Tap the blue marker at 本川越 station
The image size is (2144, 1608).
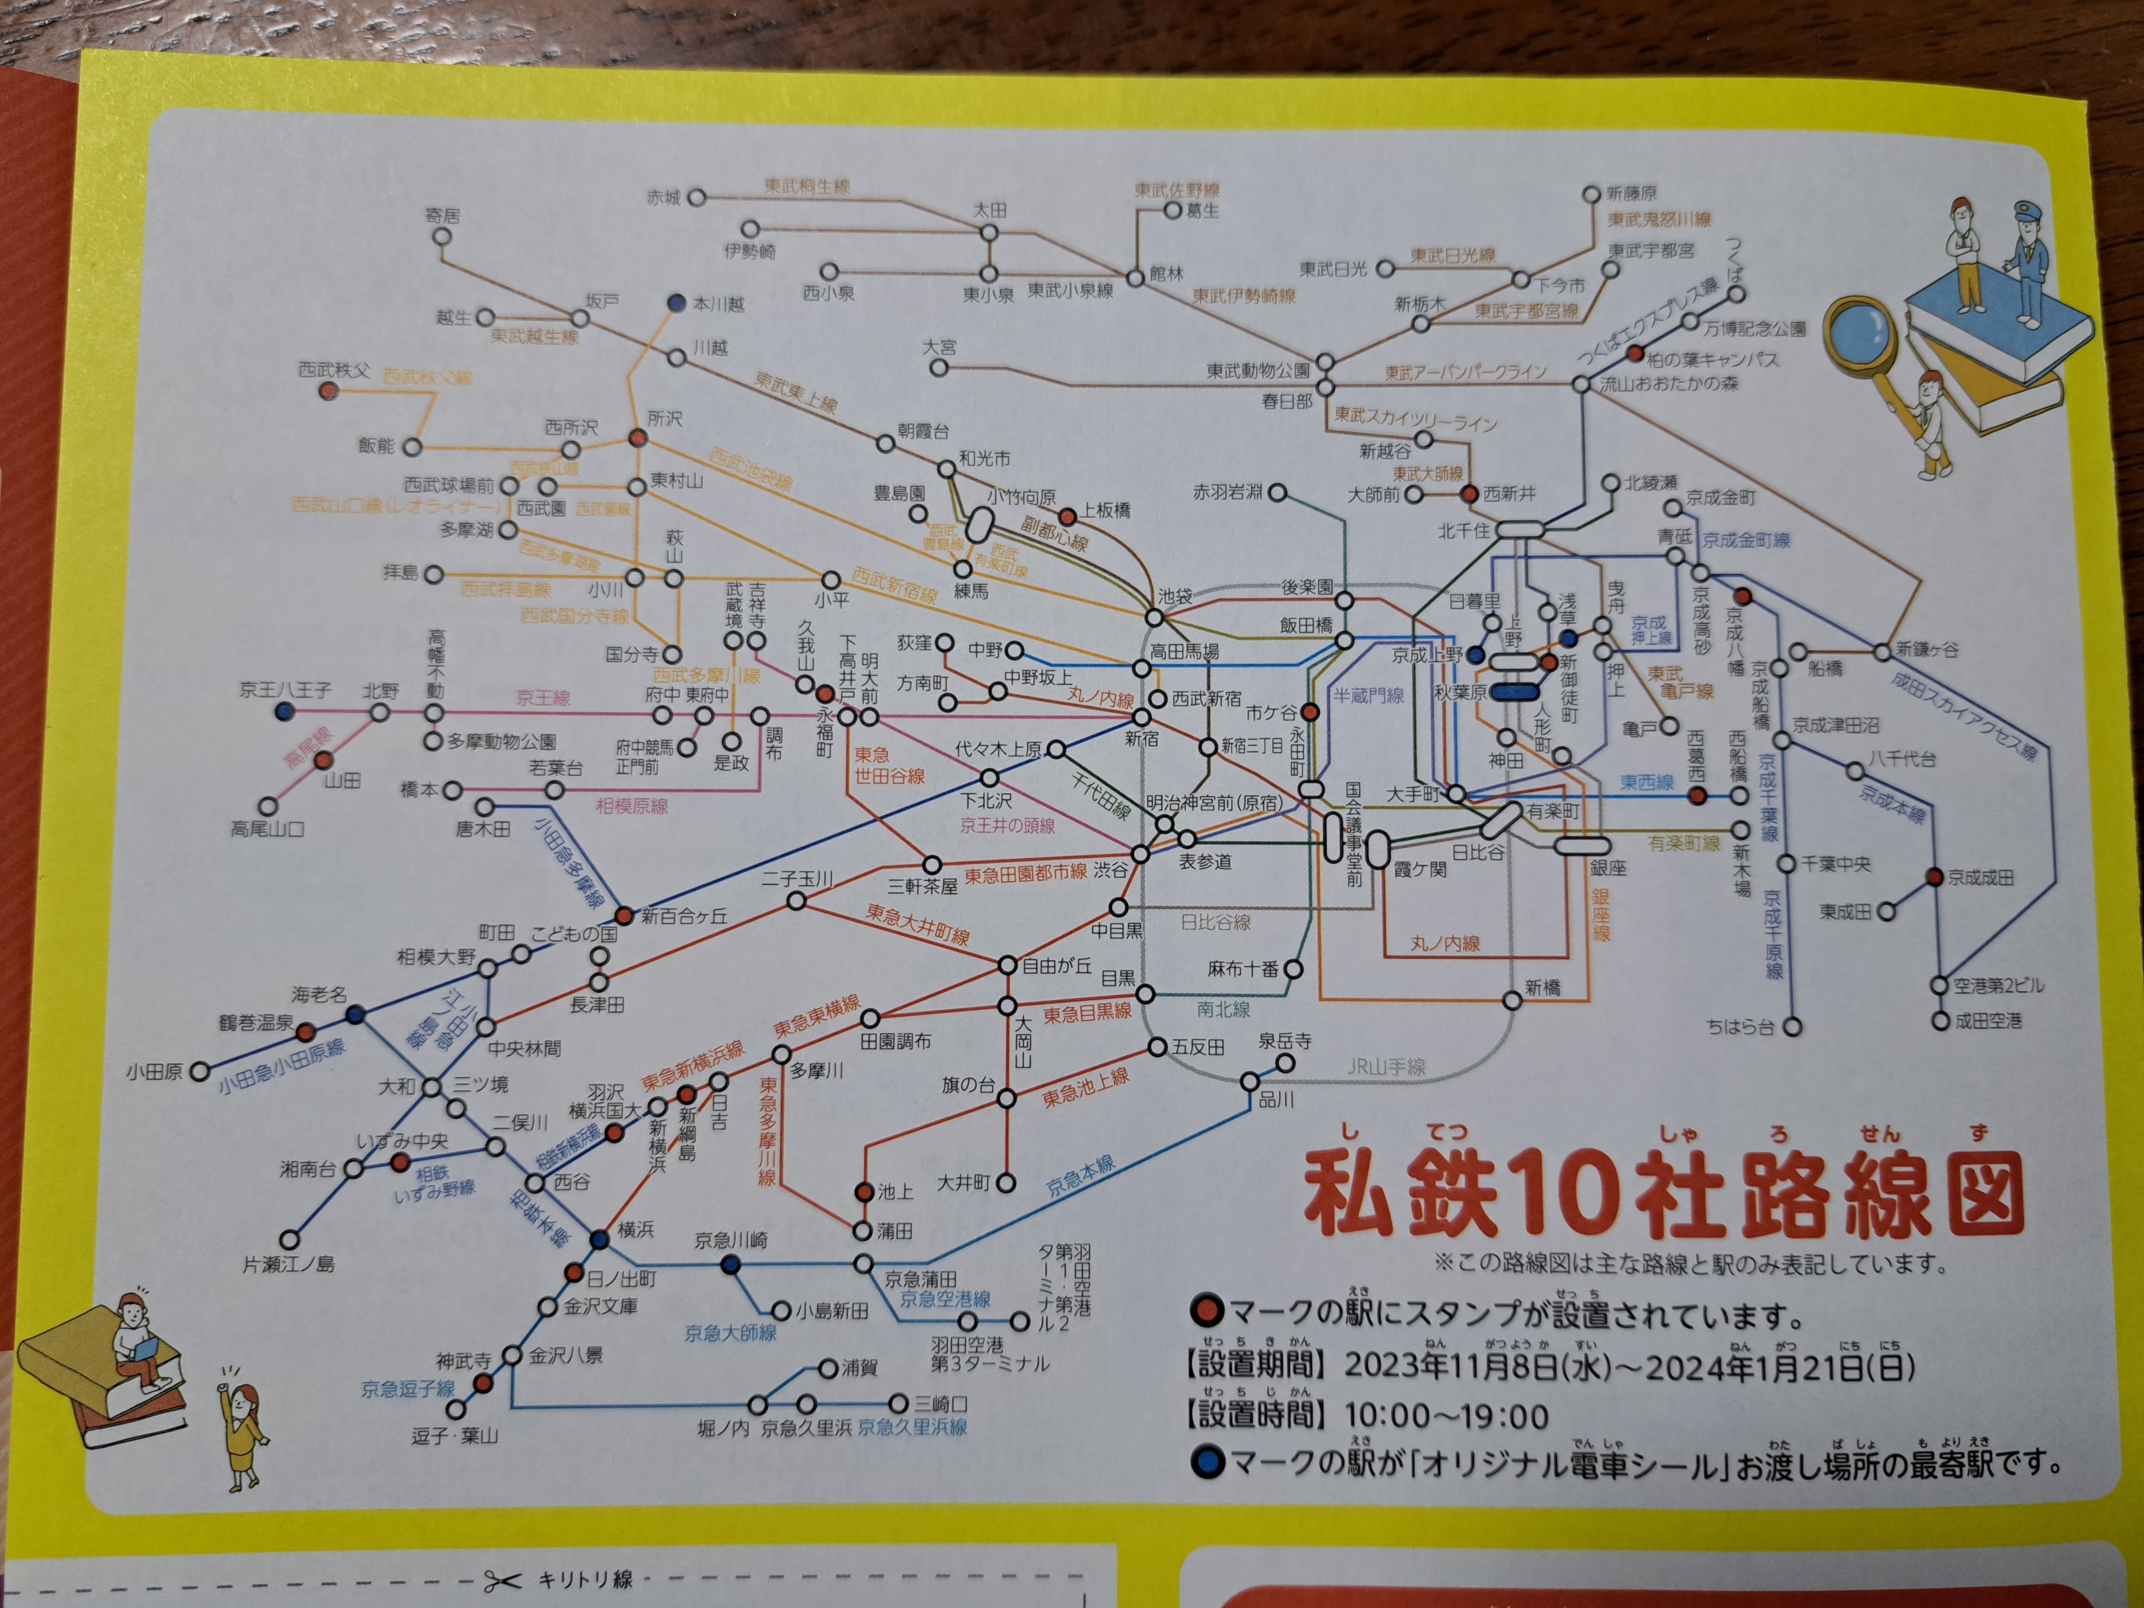point(677,303)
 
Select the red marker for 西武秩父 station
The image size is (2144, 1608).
point(329,390)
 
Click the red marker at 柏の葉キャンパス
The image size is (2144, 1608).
point(1635,354)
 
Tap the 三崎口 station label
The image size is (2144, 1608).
point(942,1404)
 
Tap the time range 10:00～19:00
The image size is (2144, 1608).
point(1446,1416)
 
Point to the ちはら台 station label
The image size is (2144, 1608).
point(1740,1027)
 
